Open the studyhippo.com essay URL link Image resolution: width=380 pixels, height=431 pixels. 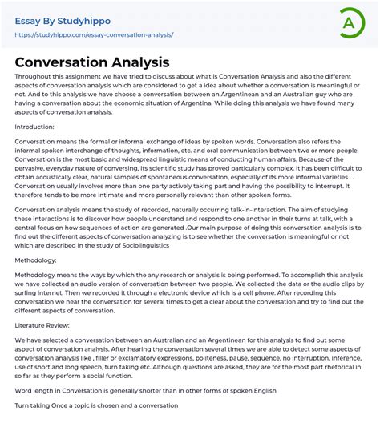94,35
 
